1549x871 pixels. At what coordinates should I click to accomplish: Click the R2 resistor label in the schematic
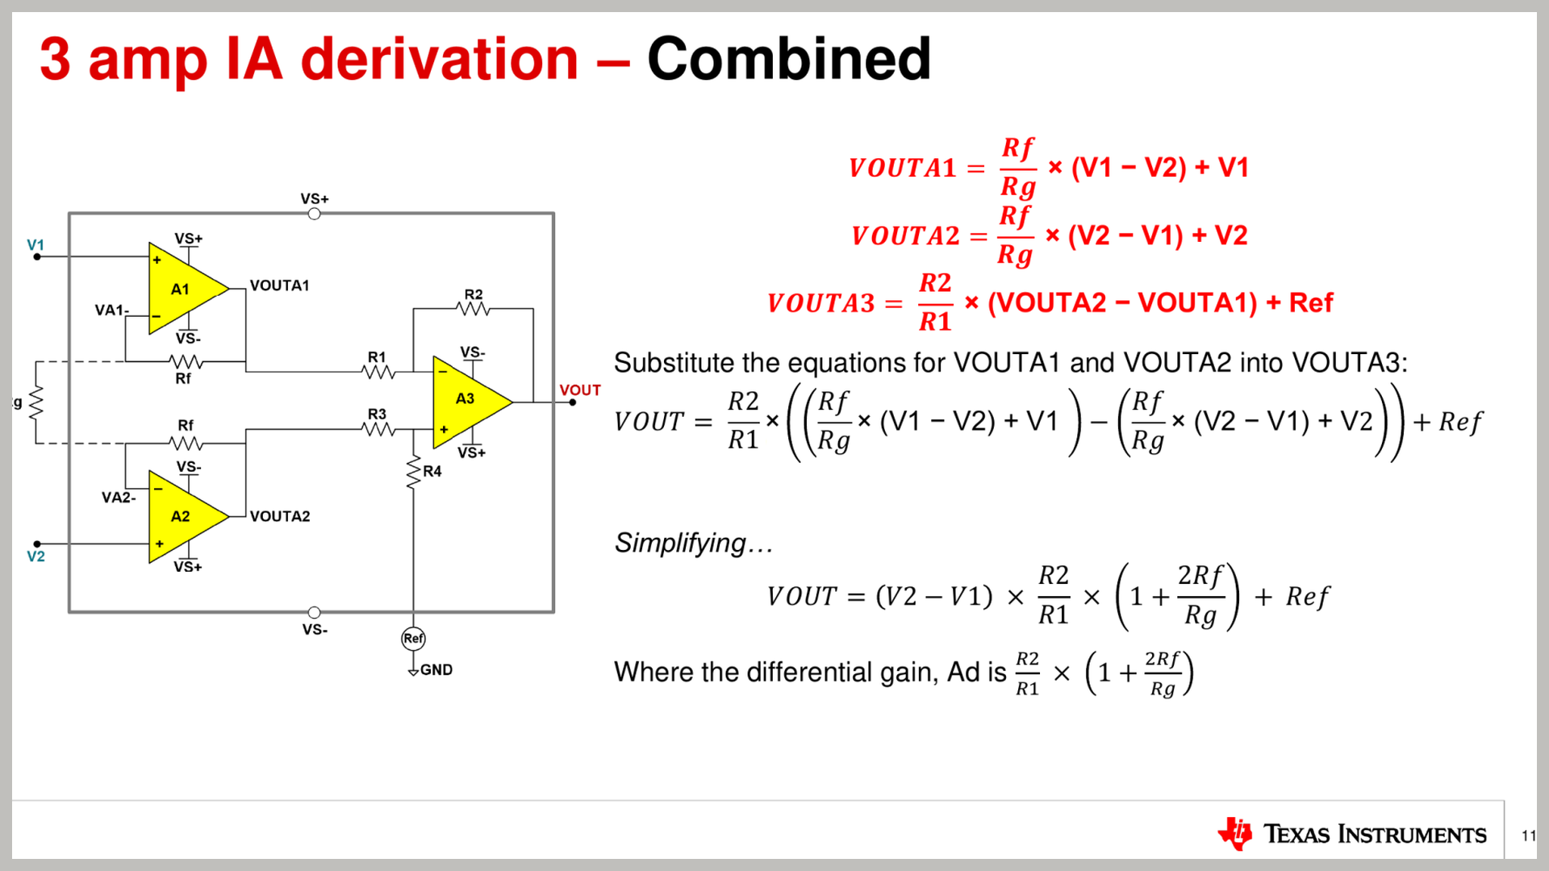pyautogui.click(x=474, y=294)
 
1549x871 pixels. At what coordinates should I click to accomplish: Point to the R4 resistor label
pyautogui.click(x=432, y=471)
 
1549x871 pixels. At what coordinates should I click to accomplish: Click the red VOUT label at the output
pyautogui.click(x=580, y=390)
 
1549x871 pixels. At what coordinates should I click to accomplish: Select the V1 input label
pyautogui.click(x=35, y=244)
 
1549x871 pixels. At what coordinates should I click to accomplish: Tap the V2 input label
pyautogui.click(x=35, y=556)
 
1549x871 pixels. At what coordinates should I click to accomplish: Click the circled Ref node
pyautogui.click(x=413, y=639)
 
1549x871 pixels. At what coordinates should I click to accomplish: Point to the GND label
pyautogui.click(x=436, y=670)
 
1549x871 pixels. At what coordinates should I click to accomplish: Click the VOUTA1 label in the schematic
pyautogui.click(x=279, y=285)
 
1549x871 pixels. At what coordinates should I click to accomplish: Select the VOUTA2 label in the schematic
pyautogui.click(x=280, y=516)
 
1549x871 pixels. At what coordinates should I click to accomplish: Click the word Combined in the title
pyautogui.click(x=789, y=59)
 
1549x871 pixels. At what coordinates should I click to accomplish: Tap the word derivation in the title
pyautogui.click(x=440, y=59)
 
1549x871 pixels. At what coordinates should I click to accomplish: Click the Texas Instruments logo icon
pyautogui.click(x=1234, y=834)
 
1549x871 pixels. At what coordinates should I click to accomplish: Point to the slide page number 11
pyautogui.click(x=1529, y=836)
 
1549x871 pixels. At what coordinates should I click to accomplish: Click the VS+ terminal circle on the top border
pyautogui.click(x=315, y=214)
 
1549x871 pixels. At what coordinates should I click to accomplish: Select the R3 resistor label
pyautogui.click(x=377, y=414)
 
